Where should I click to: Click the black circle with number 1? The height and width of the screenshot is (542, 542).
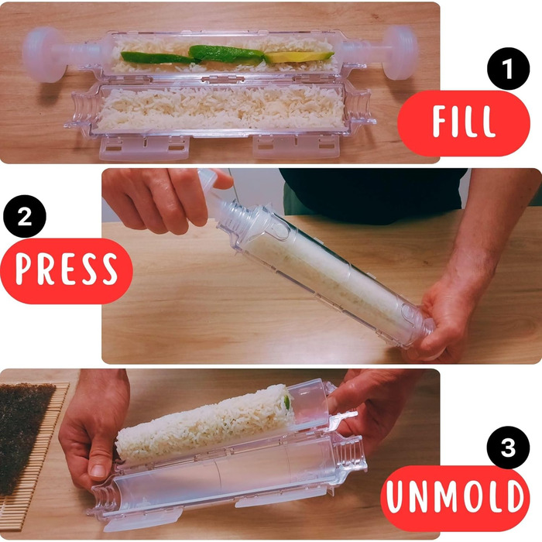click(508, 68)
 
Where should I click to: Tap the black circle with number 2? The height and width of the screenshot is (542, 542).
click(25, 216)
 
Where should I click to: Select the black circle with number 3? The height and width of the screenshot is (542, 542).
click(508, 448)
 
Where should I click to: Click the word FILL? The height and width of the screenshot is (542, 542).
click(464, 122)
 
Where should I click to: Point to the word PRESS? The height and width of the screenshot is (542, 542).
click(67, 269)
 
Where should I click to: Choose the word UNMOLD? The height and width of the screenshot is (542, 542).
click(455, 496)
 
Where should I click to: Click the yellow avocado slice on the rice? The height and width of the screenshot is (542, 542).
click(300, 57)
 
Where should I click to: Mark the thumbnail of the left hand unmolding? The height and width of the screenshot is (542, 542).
click(98, 471)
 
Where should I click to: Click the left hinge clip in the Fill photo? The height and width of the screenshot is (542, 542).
click(145, 148)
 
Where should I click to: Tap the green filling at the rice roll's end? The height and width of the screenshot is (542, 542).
click(287, 403)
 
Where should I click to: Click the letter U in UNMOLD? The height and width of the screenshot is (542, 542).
click(396, 496)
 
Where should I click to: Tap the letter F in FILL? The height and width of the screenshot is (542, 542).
click(441, 122)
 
